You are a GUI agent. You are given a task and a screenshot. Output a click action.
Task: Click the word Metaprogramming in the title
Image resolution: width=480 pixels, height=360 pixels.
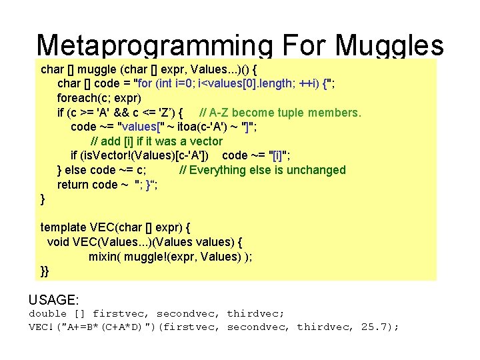coord(154,45)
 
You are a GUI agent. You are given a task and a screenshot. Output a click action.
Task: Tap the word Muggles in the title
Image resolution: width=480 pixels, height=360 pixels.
coord(390,45)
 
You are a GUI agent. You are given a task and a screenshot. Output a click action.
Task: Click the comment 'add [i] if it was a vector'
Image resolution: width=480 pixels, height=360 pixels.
coord(156,141)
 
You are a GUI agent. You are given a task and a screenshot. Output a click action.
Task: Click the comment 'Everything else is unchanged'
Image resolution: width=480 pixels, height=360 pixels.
coord(263,170)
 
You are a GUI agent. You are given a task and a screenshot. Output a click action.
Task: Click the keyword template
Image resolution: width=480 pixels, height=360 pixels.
coord(65,227)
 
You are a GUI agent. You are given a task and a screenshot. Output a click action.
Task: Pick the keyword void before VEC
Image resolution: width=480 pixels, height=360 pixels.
coord(59,242)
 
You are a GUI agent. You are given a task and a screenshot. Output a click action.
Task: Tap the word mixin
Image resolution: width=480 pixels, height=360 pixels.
coord(104,257)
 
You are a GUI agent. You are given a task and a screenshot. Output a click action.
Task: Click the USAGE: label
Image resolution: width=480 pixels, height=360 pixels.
coord(54,301)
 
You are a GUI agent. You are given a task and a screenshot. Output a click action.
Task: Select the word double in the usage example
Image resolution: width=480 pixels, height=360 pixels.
coord(48,313)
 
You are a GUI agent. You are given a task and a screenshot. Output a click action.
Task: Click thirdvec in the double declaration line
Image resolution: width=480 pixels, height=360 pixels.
coord(255,313)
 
